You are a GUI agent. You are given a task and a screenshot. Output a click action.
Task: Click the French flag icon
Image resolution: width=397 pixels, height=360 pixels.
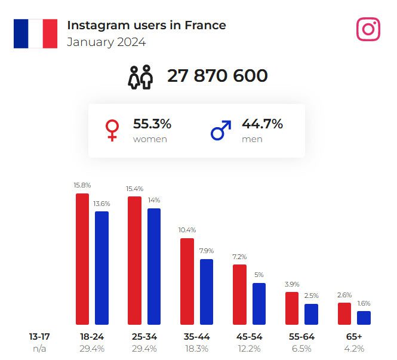[x=35, y=33]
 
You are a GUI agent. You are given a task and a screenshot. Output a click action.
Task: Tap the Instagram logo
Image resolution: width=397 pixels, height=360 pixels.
[x=368, y=29]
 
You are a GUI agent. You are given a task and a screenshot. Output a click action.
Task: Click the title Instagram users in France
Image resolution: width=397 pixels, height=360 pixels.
[x=146, y=25]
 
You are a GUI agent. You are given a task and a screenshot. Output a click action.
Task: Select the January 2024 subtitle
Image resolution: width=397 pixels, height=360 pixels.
[x=106, y=42]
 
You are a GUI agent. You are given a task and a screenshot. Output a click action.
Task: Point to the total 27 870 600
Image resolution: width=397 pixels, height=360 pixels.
[x=217, y=76]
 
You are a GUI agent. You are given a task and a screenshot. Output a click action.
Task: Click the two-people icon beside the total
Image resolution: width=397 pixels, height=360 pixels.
[x=140, y=76]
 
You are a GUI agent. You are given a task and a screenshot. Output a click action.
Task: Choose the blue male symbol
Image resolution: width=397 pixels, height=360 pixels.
[x=221, y=130]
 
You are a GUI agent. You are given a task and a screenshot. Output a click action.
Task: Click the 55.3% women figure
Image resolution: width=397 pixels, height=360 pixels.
[x=152, y=124]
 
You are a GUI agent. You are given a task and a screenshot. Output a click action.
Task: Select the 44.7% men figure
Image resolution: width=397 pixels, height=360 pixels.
[x=262, y=124]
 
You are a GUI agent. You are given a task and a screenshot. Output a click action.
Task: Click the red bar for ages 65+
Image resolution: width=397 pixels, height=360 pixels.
[x=344, y=313]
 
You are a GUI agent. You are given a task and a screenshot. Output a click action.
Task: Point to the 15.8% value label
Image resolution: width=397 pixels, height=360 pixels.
[x=82, y=186]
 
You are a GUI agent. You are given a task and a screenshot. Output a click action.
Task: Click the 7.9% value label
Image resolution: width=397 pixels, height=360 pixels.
[x=207, y=251]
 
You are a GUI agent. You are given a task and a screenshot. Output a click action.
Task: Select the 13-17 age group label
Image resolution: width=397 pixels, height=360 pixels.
[x=39, y=337]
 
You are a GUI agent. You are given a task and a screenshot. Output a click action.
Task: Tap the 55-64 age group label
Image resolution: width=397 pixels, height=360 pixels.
[x=301, y=337]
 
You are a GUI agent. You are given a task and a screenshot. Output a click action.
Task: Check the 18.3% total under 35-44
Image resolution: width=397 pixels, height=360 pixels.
[x=197, y=349]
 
